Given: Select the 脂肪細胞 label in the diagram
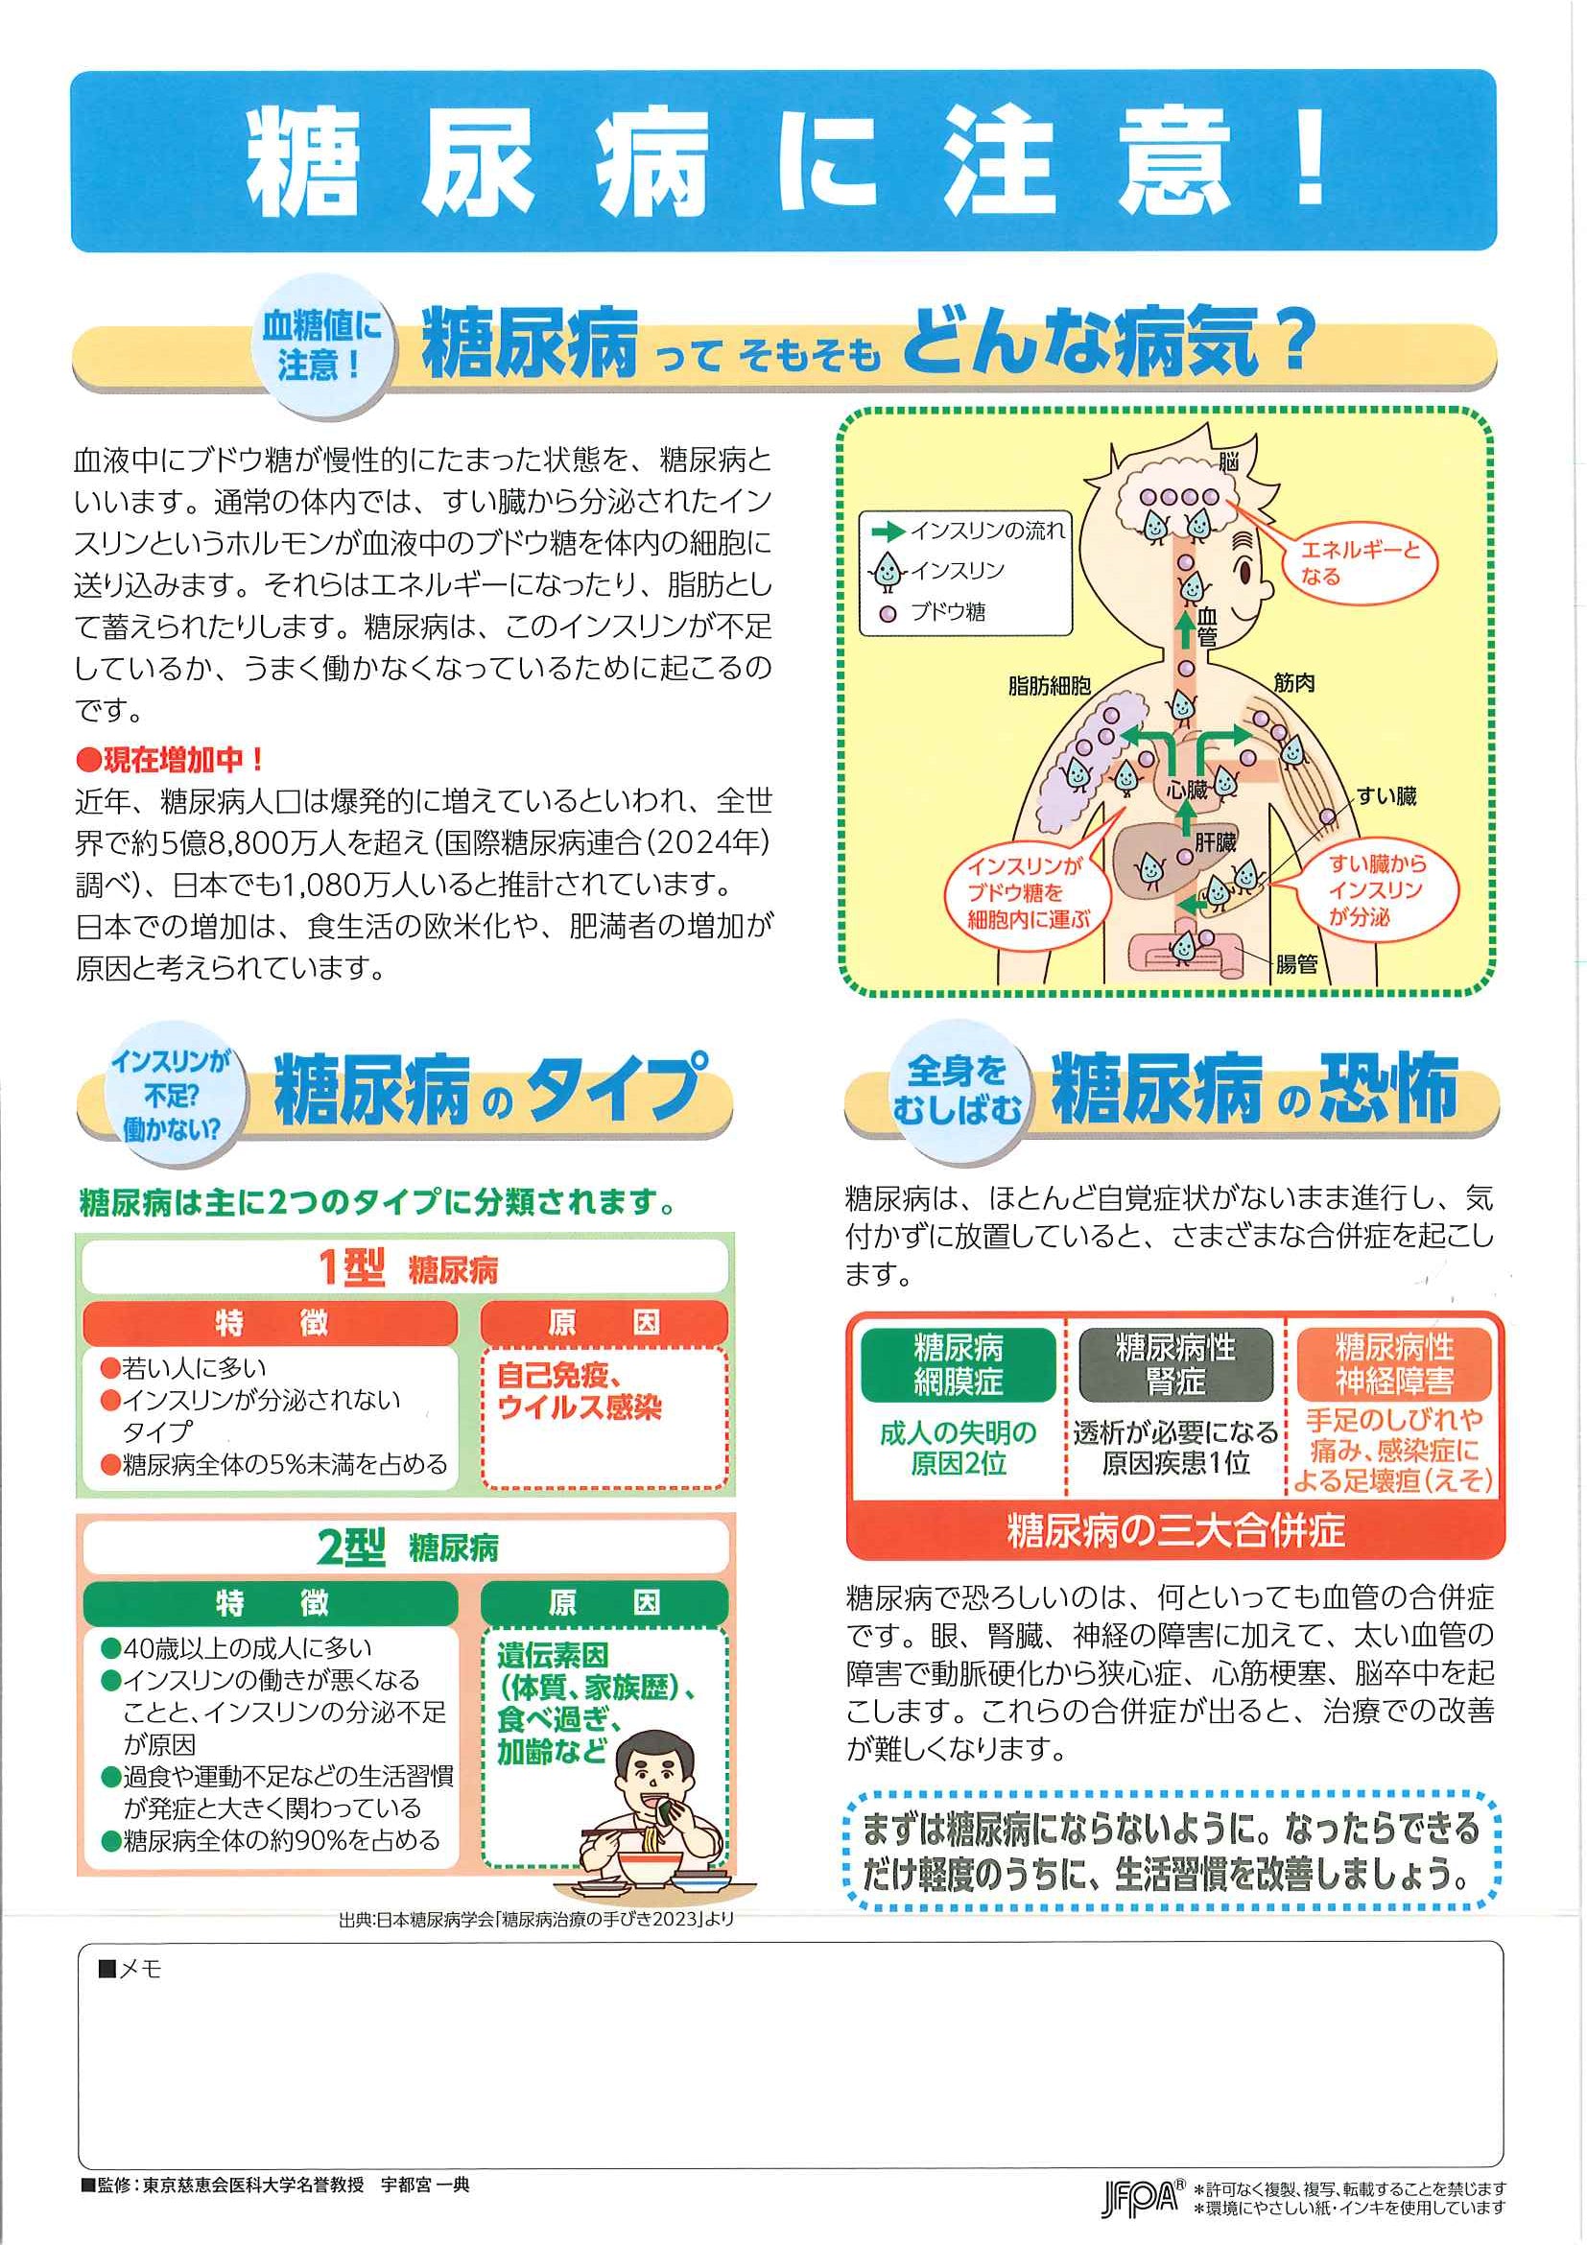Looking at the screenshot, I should pos(1049,685).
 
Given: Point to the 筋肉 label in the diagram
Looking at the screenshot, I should pos(1293,682).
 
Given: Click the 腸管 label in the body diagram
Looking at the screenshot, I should pos(1296,964).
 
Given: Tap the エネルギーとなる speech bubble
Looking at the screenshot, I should pos(1360,563).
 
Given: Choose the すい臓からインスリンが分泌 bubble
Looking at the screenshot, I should pos(1376,889).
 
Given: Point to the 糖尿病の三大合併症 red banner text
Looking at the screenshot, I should pos(1175,1530).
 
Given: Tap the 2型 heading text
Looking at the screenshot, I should pos(350,1547).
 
